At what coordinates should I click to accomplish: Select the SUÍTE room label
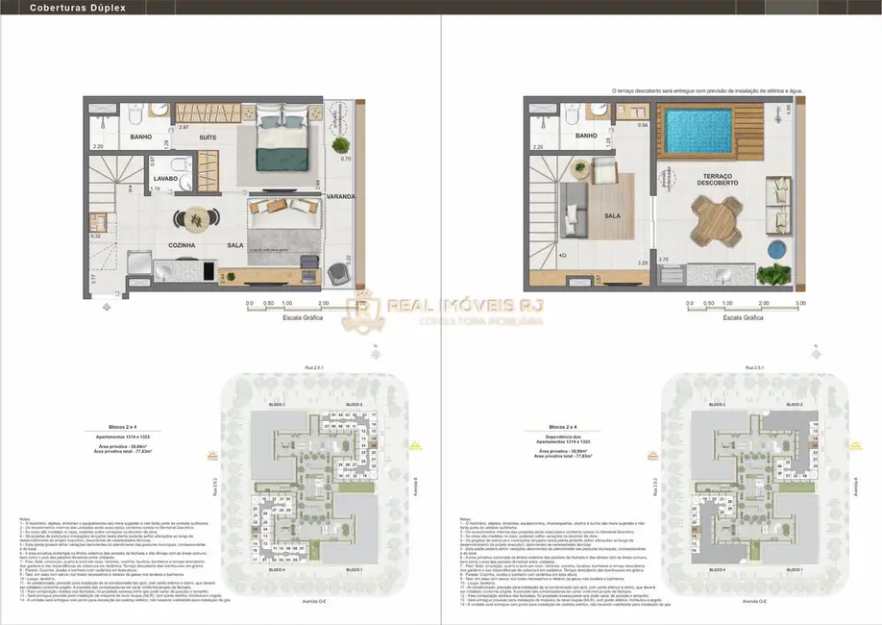tap(208, 137)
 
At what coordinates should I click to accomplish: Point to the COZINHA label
tap(182, 245)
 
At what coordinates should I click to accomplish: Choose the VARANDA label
tap(340, 196)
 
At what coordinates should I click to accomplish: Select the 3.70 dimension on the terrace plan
tap(662, 259)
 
